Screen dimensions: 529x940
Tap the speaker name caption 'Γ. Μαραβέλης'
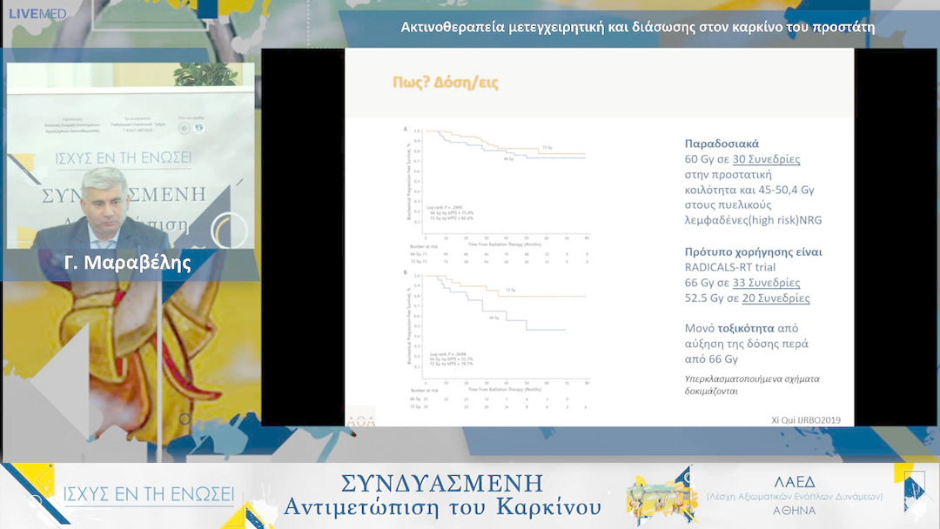128,263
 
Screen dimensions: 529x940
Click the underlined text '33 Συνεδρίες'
766,283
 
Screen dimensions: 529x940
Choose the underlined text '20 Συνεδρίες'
775,298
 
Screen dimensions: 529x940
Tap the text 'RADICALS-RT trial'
729,267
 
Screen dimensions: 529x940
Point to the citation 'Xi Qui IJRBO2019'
801,419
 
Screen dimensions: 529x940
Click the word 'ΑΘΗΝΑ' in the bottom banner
794,511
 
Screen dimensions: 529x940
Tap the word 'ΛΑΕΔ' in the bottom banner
795,481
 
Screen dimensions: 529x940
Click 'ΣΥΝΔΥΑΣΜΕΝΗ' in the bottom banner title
442,484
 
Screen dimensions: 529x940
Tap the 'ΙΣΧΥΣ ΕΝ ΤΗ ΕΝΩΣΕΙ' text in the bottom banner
149,495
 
